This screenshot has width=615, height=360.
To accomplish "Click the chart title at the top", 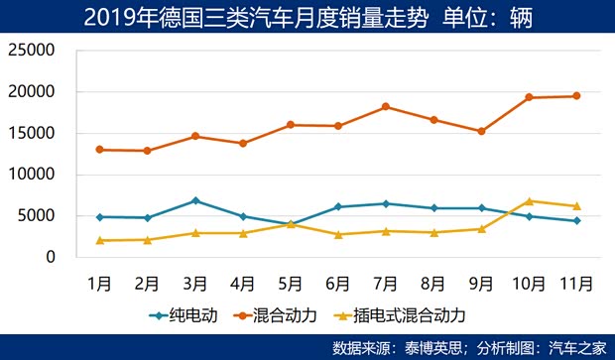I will [x=307, y=17].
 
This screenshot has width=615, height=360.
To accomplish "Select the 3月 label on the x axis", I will [x=194, y=283].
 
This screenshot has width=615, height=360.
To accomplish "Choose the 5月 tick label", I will [x=291, y=283].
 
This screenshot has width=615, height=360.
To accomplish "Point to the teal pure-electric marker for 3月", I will [x=195, y=200].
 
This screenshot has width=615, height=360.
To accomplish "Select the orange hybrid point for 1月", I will [x=99, y=150].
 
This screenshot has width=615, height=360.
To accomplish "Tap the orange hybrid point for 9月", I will [x=481, y=131].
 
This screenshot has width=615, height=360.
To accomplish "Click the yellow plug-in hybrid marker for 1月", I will [x=99, y=240].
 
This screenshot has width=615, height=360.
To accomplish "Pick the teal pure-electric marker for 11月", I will [x=576, y=220].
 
